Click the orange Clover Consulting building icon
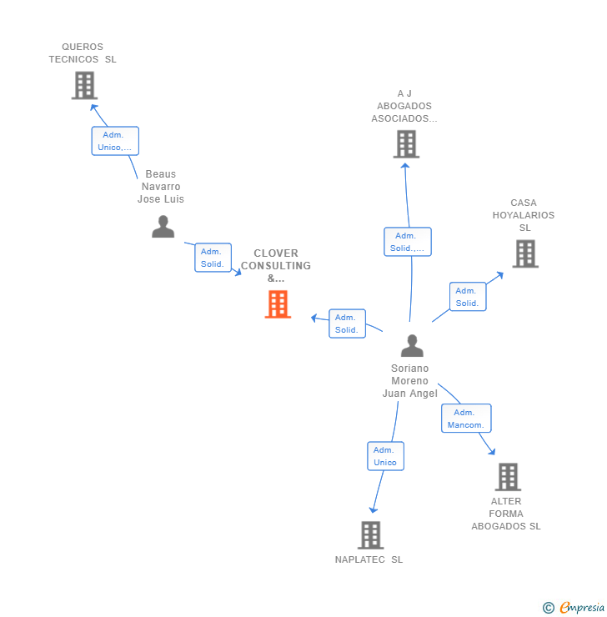point(278,304)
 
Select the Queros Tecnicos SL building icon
point(84,85)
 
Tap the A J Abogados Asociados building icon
point(405,144)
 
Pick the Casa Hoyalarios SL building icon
point(524,253)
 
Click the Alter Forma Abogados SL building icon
point(507,477)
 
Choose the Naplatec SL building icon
point(370,535)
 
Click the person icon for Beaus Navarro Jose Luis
point(163,227)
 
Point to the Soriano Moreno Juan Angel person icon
point(411,345)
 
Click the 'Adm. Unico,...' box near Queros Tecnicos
point(115,141)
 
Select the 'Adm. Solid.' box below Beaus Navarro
point(213,258)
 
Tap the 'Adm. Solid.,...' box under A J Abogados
point(408,242)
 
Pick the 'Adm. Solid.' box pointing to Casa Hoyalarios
point(467,297)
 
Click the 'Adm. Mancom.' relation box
point(465,419)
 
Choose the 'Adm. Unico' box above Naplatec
point(385,456)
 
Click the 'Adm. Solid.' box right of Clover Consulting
point(346,324)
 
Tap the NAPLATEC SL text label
point(369,559)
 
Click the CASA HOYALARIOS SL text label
point(524,215)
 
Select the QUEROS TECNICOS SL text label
point(83,53)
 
